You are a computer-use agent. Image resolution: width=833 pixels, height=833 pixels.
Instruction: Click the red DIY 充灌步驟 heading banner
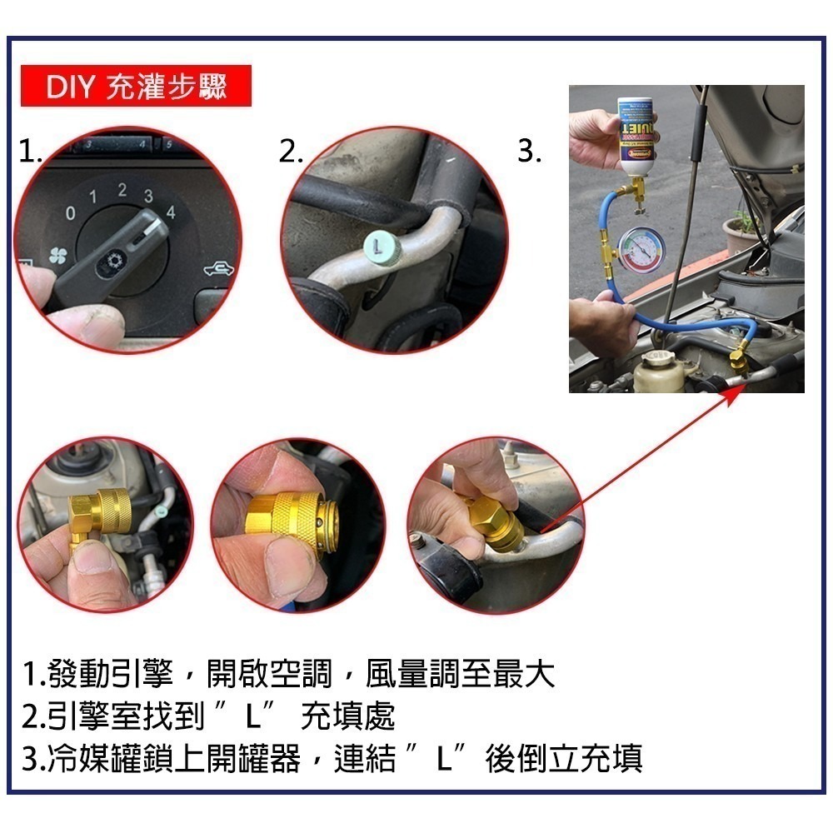136,87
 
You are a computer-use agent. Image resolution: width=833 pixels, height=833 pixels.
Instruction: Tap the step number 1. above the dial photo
31,152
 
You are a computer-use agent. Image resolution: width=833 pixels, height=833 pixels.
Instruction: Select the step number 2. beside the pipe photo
291,152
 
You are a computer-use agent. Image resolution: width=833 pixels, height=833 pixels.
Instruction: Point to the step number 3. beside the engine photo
530,152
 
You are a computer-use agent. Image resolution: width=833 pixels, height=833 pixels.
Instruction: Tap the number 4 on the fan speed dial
171,212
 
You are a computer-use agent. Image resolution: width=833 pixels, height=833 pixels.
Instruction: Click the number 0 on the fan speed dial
71,214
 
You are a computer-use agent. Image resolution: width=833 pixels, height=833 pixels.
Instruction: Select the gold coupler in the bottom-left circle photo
99,513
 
